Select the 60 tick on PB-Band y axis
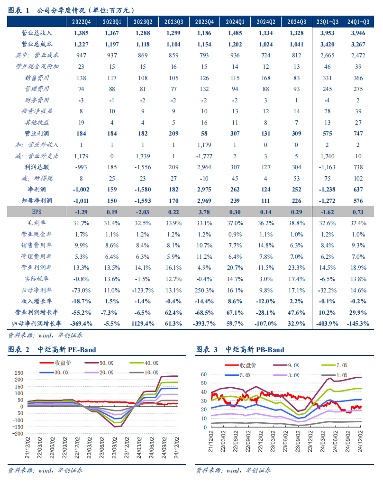pos(204,374)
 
